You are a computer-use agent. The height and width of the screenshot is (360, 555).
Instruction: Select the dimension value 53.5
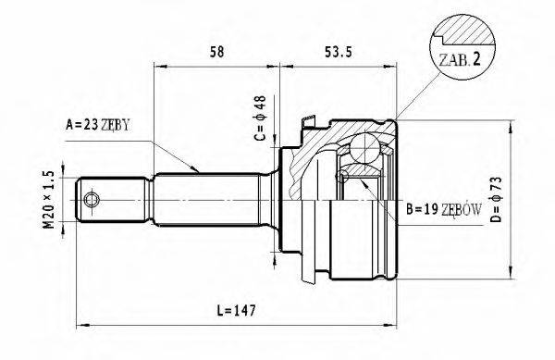click(334, 53)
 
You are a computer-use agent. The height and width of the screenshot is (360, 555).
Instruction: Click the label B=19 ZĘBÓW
click(443, 210)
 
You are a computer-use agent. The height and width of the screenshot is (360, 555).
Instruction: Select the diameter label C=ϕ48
click(262, 118)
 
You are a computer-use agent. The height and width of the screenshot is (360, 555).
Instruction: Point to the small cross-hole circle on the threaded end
click(92, 199)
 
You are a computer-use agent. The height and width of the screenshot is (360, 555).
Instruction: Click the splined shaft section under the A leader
click(213, 198)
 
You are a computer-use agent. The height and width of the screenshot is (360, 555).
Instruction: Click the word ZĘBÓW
click(462, 210)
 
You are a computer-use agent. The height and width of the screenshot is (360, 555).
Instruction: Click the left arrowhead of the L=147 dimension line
click(78, 324)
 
